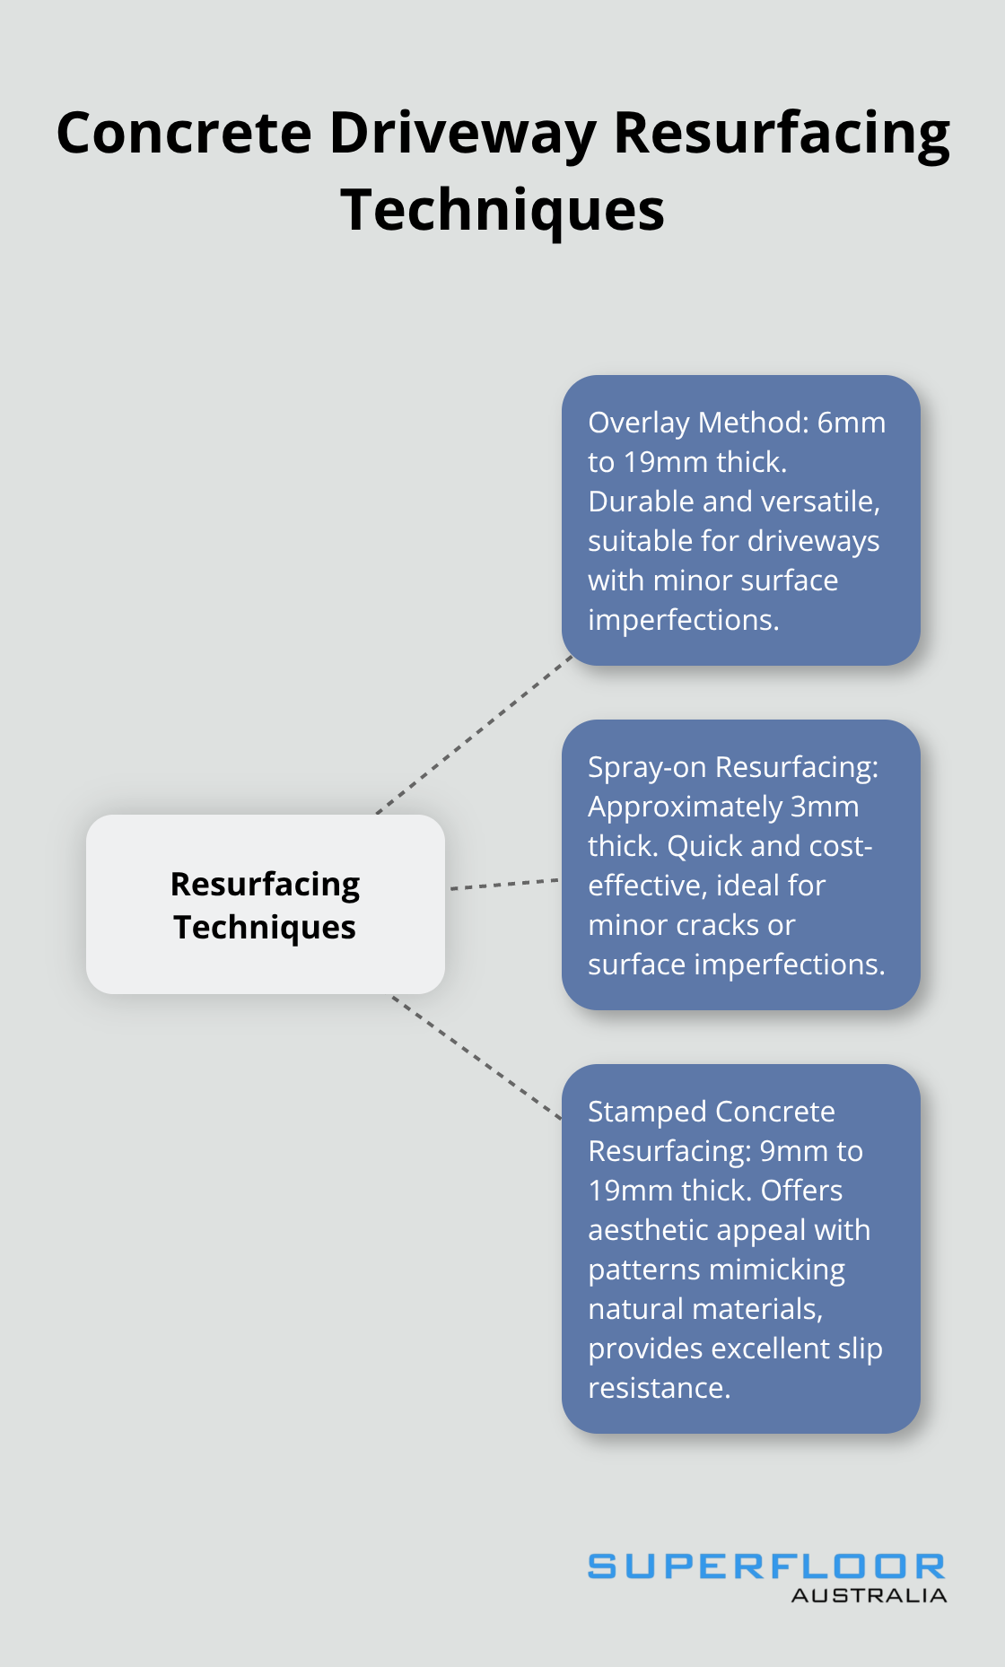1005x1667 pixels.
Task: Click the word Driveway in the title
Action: coord(462,133)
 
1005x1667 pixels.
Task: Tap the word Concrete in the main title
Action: coord(184,133)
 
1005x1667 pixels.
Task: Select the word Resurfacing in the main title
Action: coord(781,133)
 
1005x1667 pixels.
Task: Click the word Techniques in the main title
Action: coord(502,210)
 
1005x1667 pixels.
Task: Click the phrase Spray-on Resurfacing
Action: coord(732,767)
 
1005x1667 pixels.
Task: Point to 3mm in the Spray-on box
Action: coord(824,807)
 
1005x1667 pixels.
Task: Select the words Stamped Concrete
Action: coord(711,1112)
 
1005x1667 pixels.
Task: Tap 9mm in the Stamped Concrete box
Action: coord(792,1151)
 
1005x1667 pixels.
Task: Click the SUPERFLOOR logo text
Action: coord(766,1567)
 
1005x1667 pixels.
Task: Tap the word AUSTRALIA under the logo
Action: coord(868,1595)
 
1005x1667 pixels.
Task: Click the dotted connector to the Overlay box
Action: coord(476,734)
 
